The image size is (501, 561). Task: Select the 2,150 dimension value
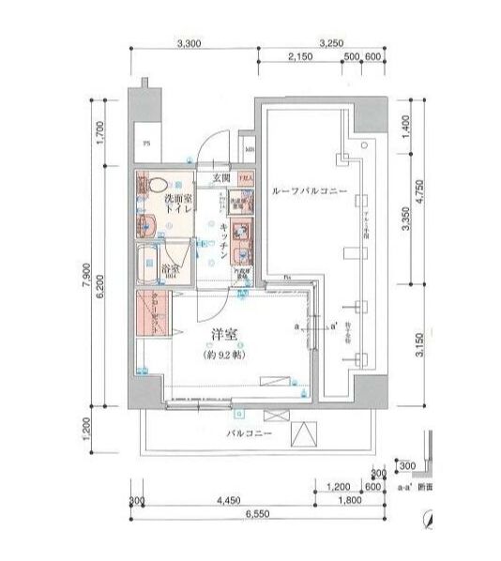coord(299,58)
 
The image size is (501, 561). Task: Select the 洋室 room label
coord(222,335)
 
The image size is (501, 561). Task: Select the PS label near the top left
coord(144,144)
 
